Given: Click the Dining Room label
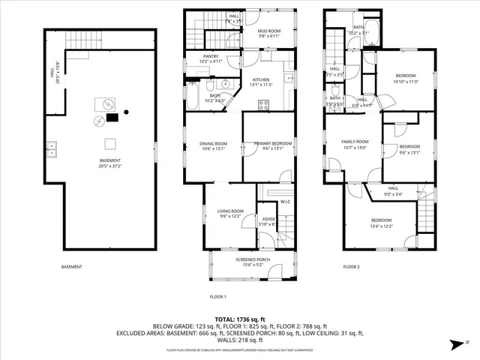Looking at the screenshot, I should pos(213,145).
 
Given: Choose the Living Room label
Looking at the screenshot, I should pos(231,214).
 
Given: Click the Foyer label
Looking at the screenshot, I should pos(267,220).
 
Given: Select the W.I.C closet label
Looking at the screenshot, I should pos(285,201).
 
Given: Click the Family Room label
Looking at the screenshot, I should pos(355,144).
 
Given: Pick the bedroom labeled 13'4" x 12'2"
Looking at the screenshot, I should pos(381,223).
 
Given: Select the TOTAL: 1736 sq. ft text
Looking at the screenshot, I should pos(240,319).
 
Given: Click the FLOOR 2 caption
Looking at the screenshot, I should pos(352,266).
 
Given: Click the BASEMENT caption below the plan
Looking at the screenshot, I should pos(72,266).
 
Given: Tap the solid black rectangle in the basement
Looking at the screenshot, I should pos(112,116).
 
